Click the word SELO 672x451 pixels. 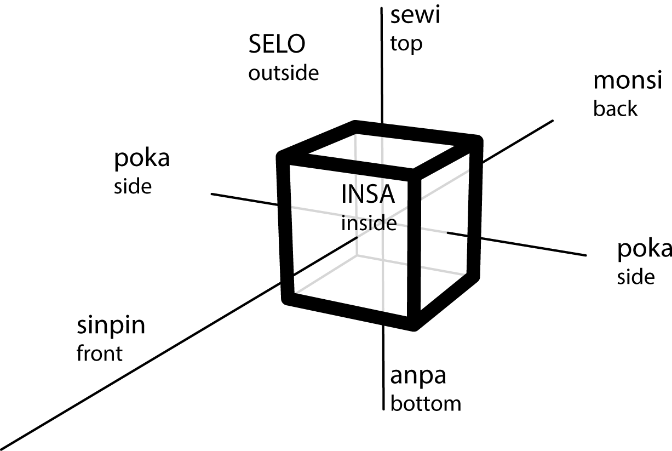(x=276, y=45)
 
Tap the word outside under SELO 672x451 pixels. (x=283, y=73)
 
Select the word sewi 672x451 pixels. (x=415, y=16)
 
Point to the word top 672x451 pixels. (x=406, y=44)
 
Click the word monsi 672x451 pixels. (x=628, y=81)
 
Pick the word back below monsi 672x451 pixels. (x=615, y=109)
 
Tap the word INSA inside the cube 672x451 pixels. (x=367, y=195)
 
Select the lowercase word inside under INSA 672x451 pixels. (x=368, y=223)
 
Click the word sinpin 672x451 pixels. (x=111, y=326)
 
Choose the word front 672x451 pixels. (x=99, y=353)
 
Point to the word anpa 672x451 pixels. (x=418, y=376)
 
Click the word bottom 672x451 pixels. (x=425, y=403)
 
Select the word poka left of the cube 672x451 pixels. (x=142, y=159)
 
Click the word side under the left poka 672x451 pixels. (x=132, y=186)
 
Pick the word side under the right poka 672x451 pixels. (x=635, y=277)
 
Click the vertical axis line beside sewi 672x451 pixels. (x=382, y=66)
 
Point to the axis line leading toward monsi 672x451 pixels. (x=520, y=140)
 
